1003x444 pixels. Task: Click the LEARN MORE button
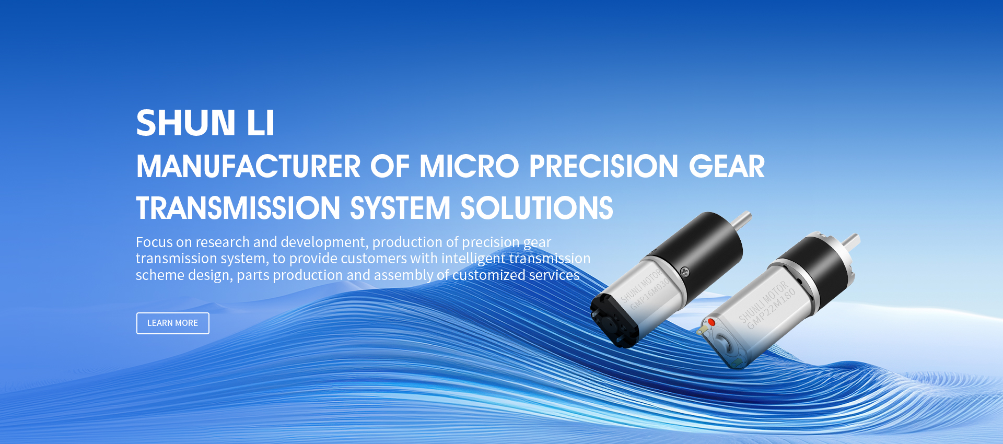click(x=173, y=323)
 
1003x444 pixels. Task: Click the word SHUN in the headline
click(x=186, y=123)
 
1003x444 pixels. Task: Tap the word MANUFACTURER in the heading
click(x=249, y=167)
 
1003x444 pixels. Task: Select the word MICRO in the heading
click(x=469, y=167)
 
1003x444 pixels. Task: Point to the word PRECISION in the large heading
click(x=604, y=167)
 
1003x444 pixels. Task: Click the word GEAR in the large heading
click(x=727, y=167)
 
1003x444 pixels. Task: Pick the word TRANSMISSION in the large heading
click(x=238, y=208)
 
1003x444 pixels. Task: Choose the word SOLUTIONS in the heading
click(x=537, y=208)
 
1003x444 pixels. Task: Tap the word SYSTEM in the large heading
click(x=400, y=208)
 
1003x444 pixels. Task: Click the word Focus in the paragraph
click(x=154, y=242)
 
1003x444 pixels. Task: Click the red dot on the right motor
click(x=711, y=322)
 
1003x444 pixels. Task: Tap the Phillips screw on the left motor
click(x=684, y=271)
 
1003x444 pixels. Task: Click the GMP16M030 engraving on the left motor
click(x=650, y=294)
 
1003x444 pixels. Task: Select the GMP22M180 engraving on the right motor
click(x=771, y=309)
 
